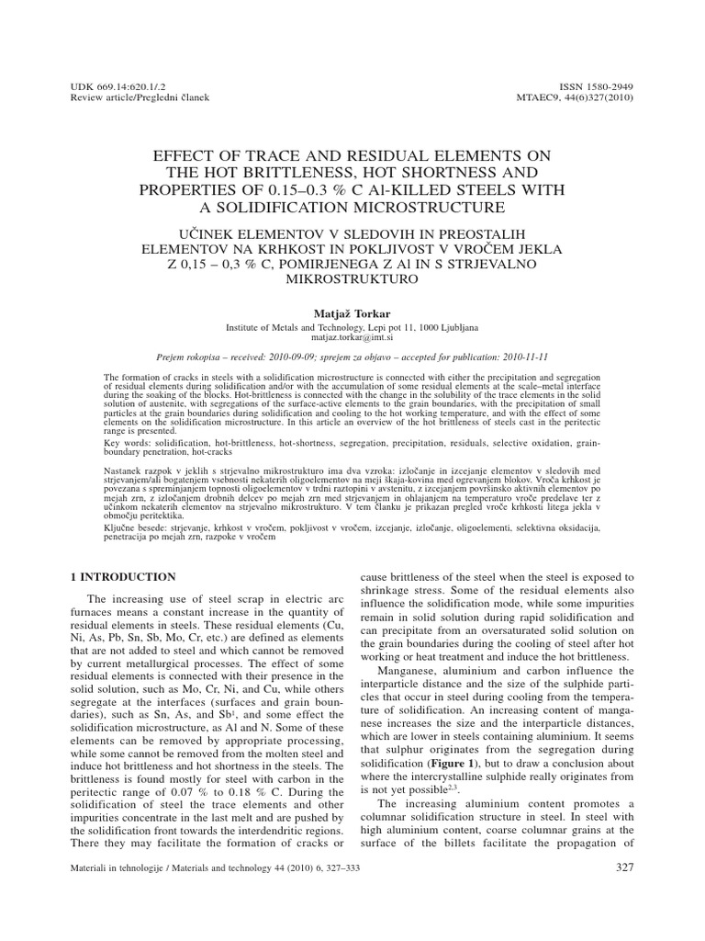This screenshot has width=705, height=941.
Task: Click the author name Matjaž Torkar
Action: [x=352, y=313]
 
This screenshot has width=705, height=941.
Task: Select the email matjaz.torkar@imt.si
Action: [x=352, y=337]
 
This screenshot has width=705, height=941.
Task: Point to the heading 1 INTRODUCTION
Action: [x=123, y=577]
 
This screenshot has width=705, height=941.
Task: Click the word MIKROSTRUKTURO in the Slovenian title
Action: [x=352, y=278]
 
